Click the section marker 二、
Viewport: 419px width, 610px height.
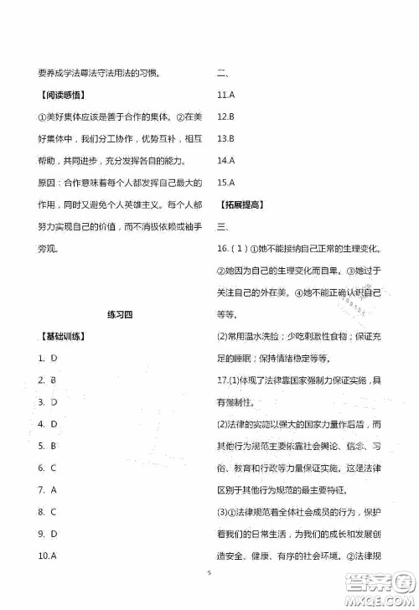[x=222, y=73]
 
